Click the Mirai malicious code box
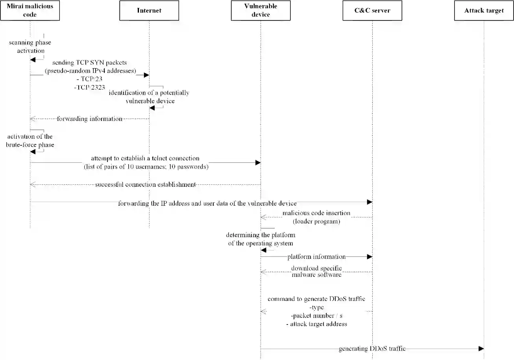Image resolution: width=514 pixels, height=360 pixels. click(x=30, y=11)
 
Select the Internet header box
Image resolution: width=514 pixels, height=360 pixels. click(x=149, y=11)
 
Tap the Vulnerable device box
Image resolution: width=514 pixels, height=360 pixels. click(x=261, y=11)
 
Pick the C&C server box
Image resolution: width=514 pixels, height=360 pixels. click(x=372, y=11)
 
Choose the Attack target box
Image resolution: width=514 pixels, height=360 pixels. click(x=484, y=11)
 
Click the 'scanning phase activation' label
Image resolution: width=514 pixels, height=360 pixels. click(x=30, y=46)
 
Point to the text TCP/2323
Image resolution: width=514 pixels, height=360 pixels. click(x=89, y=87)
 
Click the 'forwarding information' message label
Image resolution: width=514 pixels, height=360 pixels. click(x=89, y=119)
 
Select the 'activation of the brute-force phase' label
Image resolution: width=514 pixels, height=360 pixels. click(x=30, y=141)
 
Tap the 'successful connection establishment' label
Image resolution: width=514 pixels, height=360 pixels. click(x=145, y=184)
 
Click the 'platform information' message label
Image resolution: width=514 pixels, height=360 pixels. click(x=316, y=257)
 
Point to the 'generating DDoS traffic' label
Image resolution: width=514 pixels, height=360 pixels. click(x=372, y=349)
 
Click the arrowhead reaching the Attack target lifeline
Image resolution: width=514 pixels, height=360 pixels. click(x=481, y=349)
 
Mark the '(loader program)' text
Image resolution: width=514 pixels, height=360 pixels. click(x=316, y=221)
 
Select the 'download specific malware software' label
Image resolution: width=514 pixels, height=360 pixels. click(x=316, y=271)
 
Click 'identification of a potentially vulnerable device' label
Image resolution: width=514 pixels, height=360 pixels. click(x=149, y=97)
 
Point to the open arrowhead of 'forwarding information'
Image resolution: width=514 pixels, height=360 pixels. click(x=33, y=119)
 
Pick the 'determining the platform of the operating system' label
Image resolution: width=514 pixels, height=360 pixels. click(x=261, y=239)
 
